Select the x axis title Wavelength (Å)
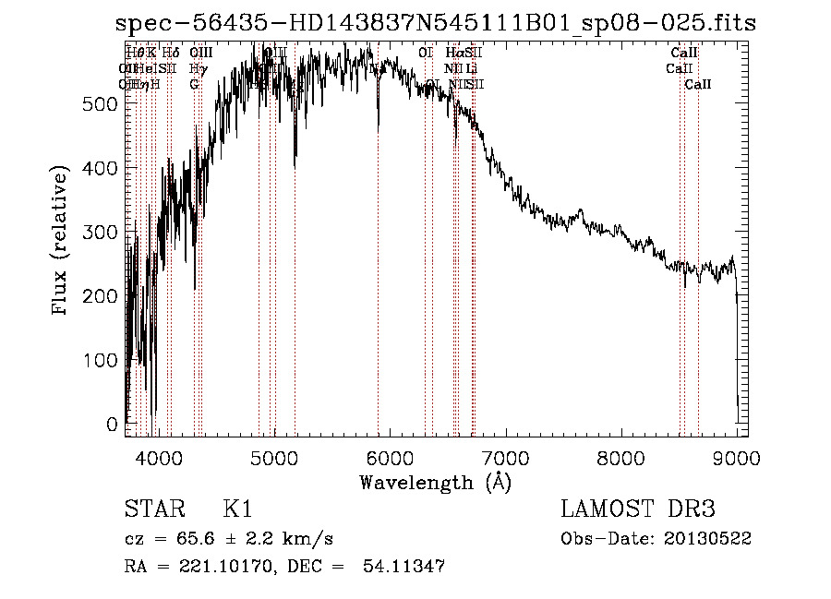(435, 482)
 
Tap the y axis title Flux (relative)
(62, 243)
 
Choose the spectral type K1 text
(237, 509)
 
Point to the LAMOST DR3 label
(638, 509)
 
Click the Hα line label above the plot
(452, 54)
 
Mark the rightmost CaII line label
(698, 84)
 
